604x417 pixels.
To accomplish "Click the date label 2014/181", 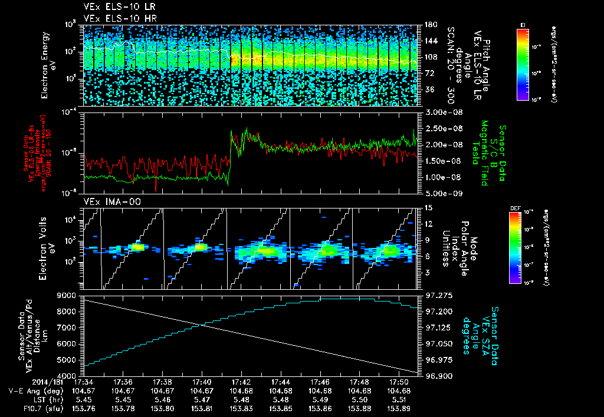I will (x=22, y=382).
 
